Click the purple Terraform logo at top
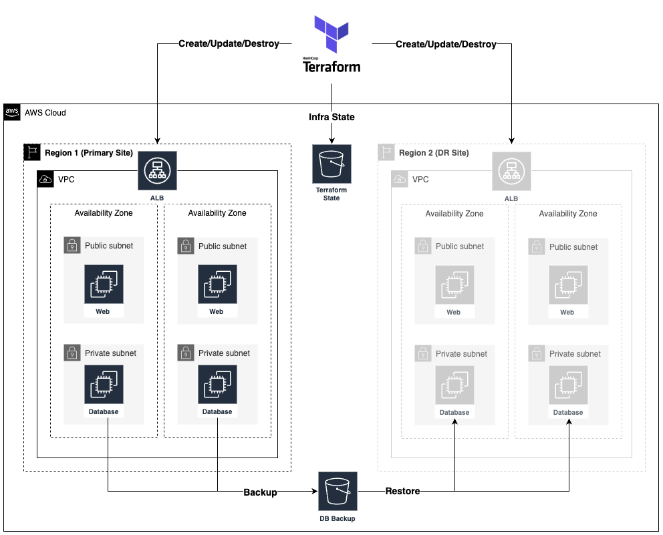click(332, 34)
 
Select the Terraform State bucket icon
click(331, 164)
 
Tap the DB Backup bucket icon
click(338, 492)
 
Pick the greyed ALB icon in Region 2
click(511, 171)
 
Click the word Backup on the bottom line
click(260, 492)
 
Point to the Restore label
click(402, 491)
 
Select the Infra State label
click(331, 117)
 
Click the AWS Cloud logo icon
click(13, 112)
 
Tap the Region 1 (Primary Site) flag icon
click(32, 152)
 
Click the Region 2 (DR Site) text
click(434, 153)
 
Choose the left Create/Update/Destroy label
click(229, 44)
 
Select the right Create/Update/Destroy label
click(446, 45)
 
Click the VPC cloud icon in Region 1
click(45, 179)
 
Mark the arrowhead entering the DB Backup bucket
click(315, 492)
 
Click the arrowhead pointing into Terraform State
click(331, 140)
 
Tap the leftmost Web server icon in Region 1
click(103, 285)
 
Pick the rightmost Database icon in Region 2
click(568, 385)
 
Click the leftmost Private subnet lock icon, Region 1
click(72, 353)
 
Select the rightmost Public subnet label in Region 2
click(573, 247)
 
